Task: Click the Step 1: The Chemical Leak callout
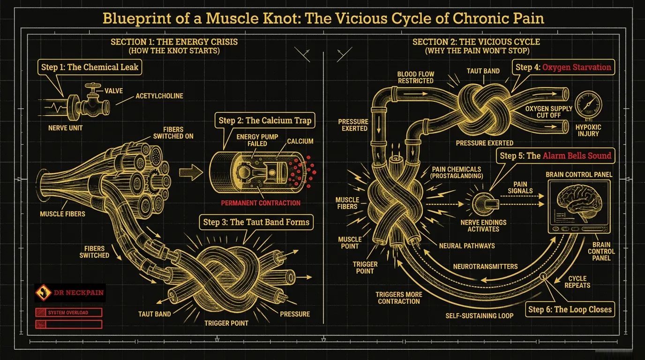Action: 90,67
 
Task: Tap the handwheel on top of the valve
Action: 93,86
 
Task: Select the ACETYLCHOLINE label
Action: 159,96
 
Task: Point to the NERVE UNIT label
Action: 65,128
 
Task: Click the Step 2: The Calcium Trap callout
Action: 265,120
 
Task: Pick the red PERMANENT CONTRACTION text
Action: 261,203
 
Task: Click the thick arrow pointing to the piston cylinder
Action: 191,172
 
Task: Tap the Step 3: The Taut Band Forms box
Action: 256,222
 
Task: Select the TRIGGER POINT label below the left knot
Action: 226,323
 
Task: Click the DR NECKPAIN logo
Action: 70,292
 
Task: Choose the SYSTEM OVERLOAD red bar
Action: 68,313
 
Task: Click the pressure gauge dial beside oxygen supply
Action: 588,105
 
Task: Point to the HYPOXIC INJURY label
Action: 588,130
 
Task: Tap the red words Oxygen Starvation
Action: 577,67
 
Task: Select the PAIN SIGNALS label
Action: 520,187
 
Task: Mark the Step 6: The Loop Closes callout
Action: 570,309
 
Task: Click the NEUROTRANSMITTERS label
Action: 485,266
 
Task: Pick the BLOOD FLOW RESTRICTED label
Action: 415,77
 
